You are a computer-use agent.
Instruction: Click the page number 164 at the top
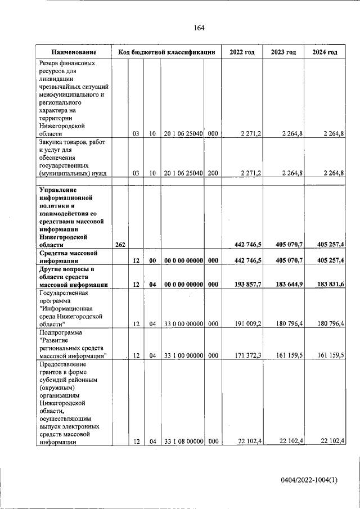[199, 28]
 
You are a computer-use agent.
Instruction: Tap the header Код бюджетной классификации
[166, 52]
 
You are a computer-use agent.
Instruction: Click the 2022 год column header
[242, 52]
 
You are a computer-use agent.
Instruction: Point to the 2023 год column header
[283, 52]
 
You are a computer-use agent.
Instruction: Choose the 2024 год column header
[325, 52]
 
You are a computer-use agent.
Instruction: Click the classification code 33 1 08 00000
[183, 442]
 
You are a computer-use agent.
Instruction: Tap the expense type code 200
[213, 174]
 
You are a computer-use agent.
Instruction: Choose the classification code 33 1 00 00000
[183, 355]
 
